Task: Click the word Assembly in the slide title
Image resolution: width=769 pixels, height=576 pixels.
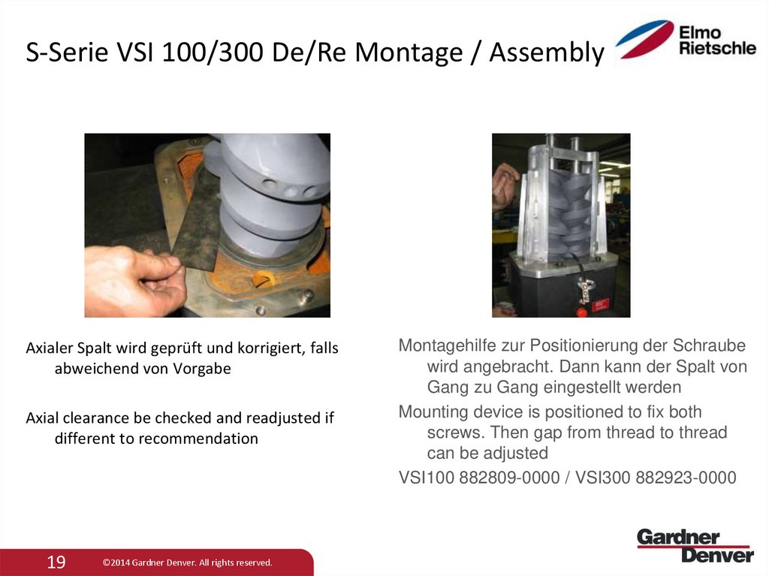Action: [545, 53]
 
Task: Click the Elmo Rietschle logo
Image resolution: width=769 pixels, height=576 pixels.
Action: [685, 40]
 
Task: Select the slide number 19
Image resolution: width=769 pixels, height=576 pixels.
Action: [56, 562]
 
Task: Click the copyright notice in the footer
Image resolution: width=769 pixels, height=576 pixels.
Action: [187, 562]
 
